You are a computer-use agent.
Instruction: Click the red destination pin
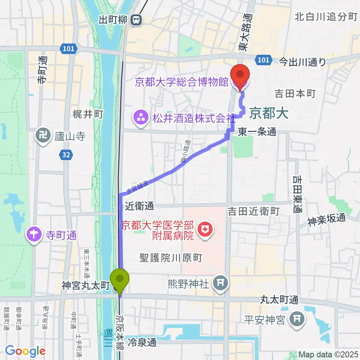point(240,75)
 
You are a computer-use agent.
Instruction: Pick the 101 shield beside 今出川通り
point(263,60)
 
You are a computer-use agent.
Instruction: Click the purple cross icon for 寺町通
point(34,236)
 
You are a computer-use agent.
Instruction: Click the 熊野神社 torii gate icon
point(220,284)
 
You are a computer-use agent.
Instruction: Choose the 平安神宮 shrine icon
point(297,320)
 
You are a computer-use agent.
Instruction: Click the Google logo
point(25,351)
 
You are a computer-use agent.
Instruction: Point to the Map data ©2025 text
point(328,354)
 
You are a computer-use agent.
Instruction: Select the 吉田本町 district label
point(295,93)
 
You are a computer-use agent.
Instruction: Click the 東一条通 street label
point(257,132)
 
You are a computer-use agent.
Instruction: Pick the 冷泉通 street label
point(142,342)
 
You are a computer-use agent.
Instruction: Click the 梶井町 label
point(88,115)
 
